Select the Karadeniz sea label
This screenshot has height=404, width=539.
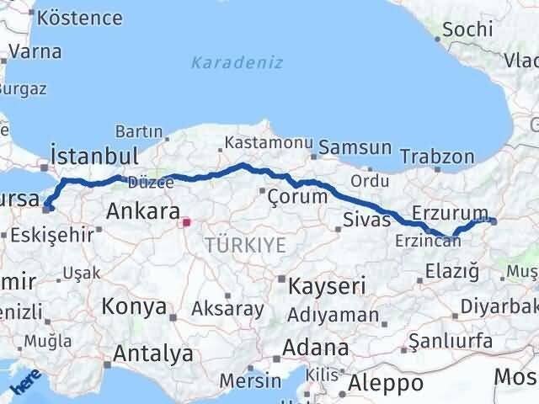[x=237, y=63]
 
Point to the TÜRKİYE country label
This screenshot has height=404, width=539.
[x=245, y=245]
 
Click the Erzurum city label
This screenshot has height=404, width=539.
[x=451, y=211]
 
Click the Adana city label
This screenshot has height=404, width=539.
[x=316, y=347]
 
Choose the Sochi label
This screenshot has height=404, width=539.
[x=467, y=29]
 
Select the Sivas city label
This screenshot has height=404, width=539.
[x=367, y=220]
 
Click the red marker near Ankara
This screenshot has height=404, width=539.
[x=188, y=223]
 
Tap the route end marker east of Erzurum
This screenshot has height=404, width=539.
[x=494, y=222]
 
